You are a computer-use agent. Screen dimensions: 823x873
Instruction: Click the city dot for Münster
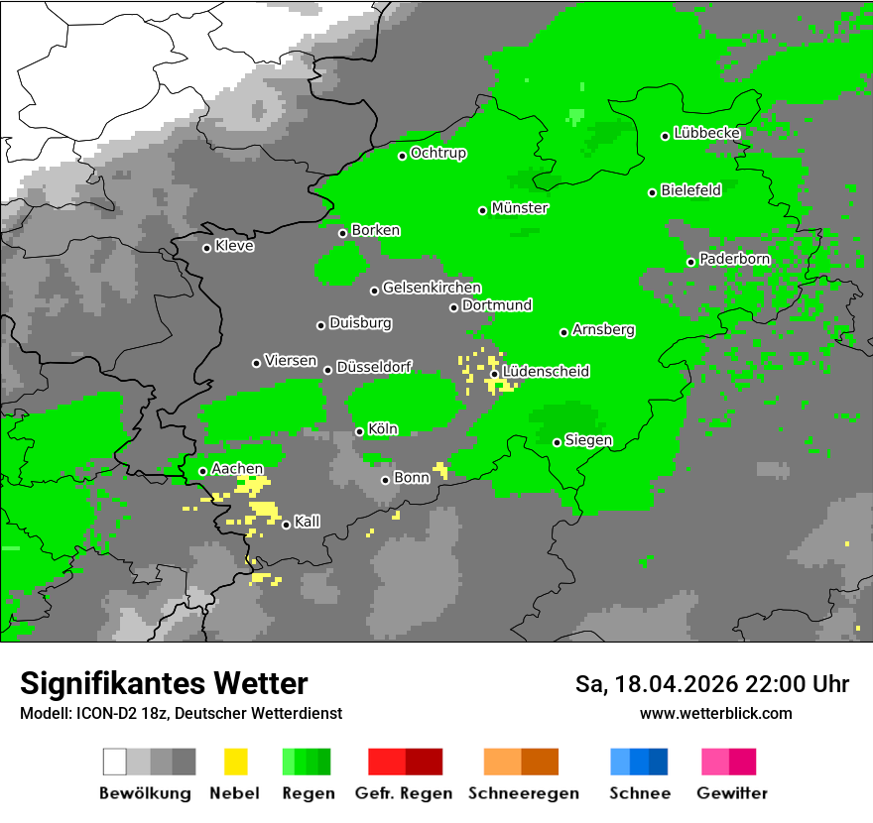483,210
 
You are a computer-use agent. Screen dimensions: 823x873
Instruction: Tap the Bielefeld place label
690,190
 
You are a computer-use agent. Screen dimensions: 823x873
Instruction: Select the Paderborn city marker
691,262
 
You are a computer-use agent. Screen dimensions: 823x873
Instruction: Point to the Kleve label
234,246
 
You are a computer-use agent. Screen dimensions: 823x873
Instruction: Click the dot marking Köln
360,431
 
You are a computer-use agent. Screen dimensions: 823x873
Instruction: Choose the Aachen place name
237,469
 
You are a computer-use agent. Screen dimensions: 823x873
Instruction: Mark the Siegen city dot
558,442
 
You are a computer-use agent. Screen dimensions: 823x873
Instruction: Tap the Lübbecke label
706,133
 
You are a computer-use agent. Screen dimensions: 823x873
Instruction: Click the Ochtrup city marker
403,156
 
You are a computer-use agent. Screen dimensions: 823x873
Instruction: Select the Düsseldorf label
374,367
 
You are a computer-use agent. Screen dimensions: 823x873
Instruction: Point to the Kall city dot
287,525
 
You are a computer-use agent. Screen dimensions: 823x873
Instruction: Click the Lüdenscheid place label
546,372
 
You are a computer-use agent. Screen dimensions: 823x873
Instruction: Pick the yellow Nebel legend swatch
235,762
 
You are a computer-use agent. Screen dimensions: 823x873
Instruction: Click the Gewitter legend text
731,793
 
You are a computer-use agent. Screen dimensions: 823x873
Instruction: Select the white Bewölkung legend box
115,762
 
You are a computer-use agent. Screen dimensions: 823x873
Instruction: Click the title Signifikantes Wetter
164,683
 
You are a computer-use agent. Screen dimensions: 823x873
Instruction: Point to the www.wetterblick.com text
715,713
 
